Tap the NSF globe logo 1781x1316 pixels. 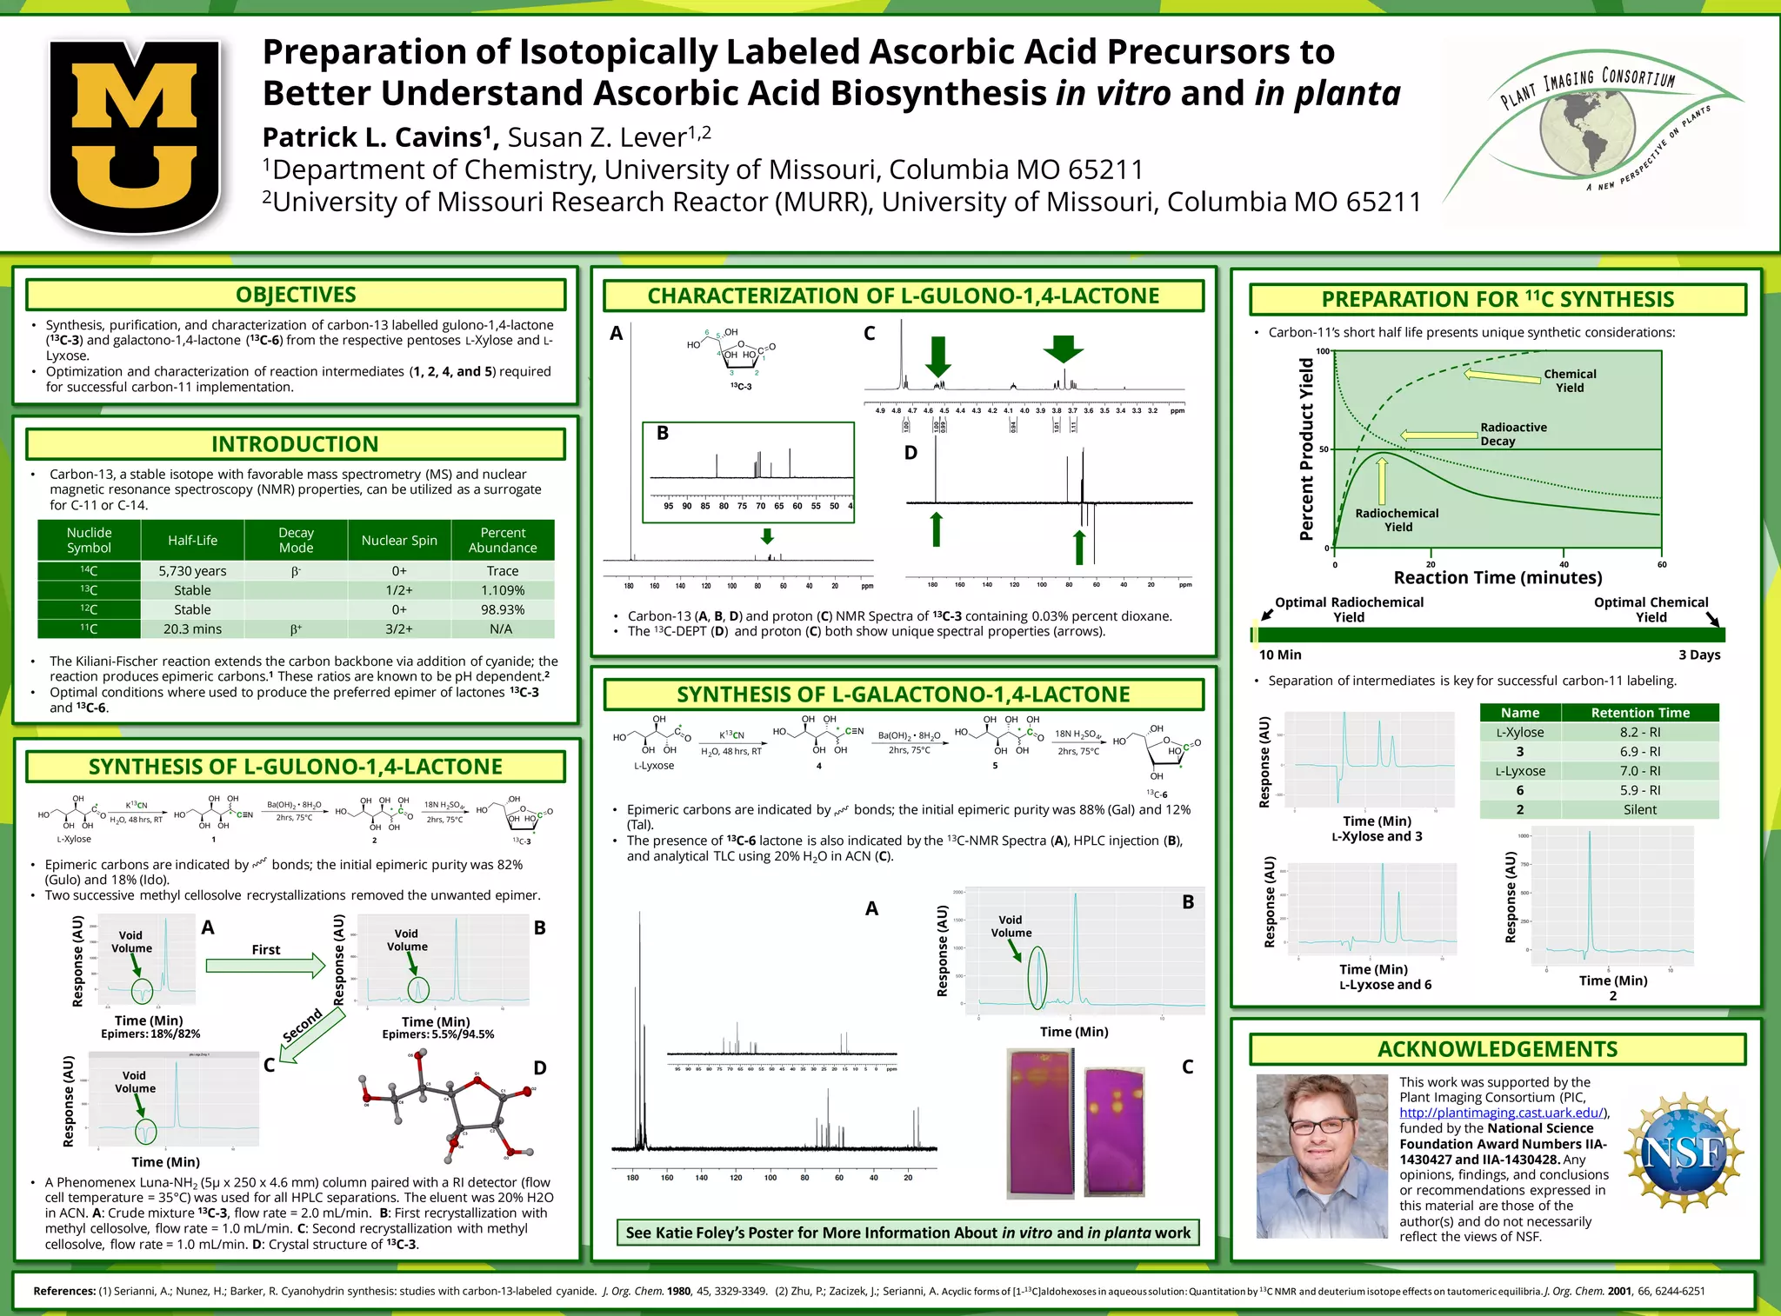(x=1683, y=1153)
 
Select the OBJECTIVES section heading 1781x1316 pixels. (x=296, y=295)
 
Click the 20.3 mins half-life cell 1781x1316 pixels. (x=192, y=628)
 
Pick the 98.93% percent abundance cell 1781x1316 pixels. (x=503, y=609)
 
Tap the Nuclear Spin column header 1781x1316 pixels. (x=399, y=540)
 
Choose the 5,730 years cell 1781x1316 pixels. (x=192, y=571)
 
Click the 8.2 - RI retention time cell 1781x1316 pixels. (x=1639, y=732)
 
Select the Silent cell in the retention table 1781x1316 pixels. (x=1639, y=809)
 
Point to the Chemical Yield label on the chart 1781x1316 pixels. (x=1570, y=381)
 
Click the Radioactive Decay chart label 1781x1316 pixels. (x=1513, y=434)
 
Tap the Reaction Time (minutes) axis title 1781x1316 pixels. (x=1498, y=578)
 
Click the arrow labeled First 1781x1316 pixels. (x=266, y=964)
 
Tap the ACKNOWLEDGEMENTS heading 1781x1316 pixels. (x=1498, y=1049)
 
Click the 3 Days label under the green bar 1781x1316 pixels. (x=1698, y=655)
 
